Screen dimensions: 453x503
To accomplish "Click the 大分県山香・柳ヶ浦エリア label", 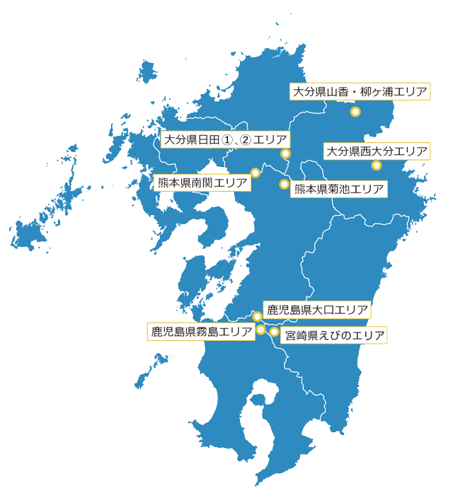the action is pos(360,93).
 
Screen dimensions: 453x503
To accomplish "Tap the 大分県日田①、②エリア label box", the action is pos(223,139).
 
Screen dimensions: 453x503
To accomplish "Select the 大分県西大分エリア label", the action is pos(377,151).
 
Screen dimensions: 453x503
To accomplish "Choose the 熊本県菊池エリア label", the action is pos(338,189).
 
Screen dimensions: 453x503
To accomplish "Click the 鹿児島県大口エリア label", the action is pos(316,310).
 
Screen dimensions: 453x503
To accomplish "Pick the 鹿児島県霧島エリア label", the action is pos(201,331).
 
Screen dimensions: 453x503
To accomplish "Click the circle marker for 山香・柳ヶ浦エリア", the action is pos(355,112).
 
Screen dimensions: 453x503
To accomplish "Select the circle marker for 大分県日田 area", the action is pos(285,154).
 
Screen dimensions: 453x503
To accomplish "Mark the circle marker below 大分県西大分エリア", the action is pos(376,166).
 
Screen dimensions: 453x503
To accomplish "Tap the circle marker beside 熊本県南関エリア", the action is pos(256,172).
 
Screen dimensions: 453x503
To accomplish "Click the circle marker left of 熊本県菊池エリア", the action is pos(284,185).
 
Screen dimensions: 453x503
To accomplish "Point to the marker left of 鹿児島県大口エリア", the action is pos(258,316).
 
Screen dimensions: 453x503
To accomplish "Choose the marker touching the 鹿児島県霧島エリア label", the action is pos(260,329).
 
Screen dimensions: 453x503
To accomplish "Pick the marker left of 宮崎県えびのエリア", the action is pos(274,332).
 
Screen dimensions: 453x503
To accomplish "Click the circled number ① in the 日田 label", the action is pos(226,140).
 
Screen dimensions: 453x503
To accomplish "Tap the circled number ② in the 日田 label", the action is pos(246,140).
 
